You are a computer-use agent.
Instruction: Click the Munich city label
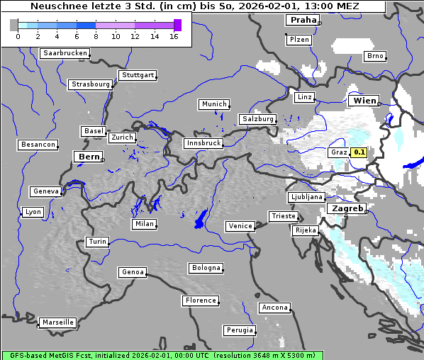[x=214, y=104]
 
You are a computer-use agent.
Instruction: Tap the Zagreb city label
[x=345, y=209]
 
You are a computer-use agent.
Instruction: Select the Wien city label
[x=363, y=101]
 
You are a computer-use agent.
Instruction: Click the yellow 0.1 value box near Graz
[x=359, y=152]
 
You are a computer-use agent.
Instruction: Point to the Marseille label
[x=57, y=322]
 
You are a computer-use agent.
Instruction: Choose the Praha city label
[x=303, y=20]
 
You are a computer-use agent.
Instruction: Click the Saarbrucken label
[x=65, y=53]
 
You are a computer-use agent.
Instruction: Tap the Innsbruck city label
[x=203, y=143]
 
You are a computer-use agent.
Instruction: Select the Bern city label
[x=89, y=157]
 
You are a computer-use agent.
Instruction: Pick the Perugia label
[x=239, y=330]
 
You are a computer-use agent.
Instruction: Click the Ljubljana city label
[x=306, y=197]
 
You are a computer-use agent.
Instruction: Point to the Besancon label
[x=38, y=145]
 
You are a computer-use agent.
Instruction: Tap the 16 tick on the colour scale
[x=174, y=35]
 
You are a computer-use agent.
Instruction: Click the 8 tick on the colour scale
[x=96, y=35]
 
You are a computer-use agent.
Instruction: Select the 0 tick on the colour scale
[x=18, y=35]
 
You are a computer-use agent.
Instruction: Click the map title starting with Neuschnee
[x=194, y=6]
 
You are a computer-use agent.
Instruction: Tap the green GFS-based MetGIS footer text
[x=162, y=355]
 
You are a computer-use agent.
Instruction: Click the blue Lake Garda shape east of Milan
[x=200, y=220]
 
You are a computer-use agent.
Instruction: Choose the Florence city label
[x=201, y=300]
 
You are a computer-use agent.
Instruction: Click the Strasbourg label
[x=91, y=84]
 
